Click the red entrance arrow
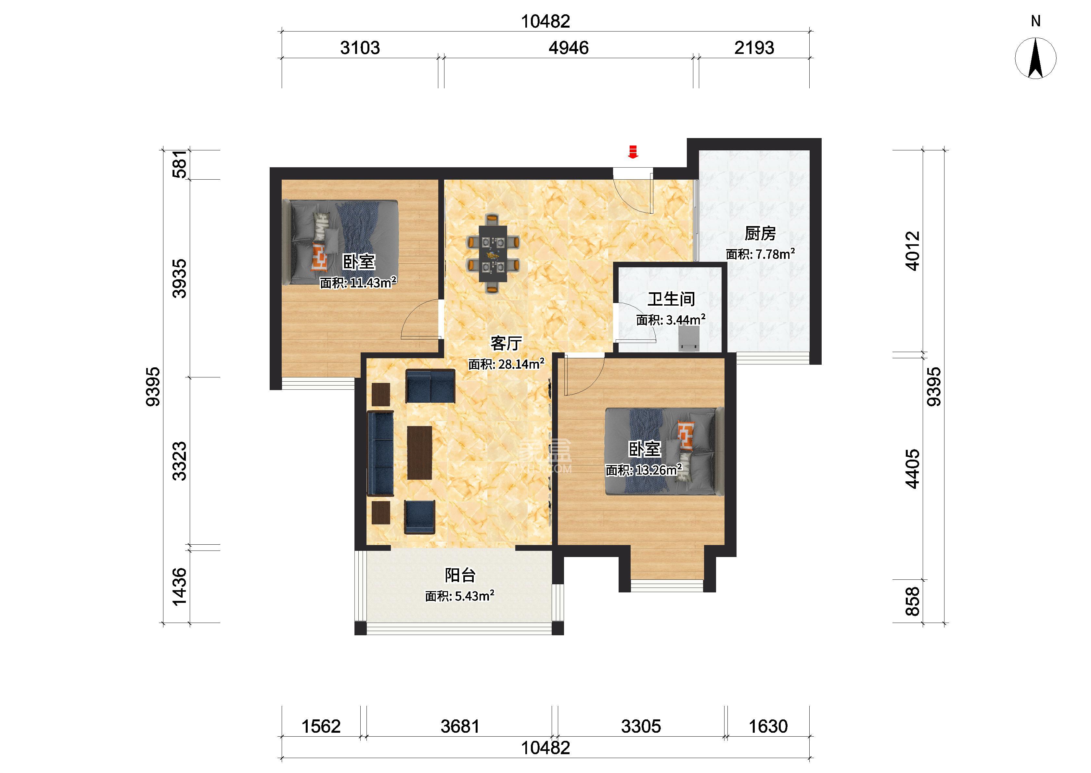[x=633, y=151]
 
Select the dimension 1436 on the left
[x=179, y=587]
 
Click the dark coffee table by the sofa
[x=419, y=452]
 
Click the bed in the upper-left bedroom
[x=340, y=242]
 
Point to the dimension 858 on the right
[x=913, y=601]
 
